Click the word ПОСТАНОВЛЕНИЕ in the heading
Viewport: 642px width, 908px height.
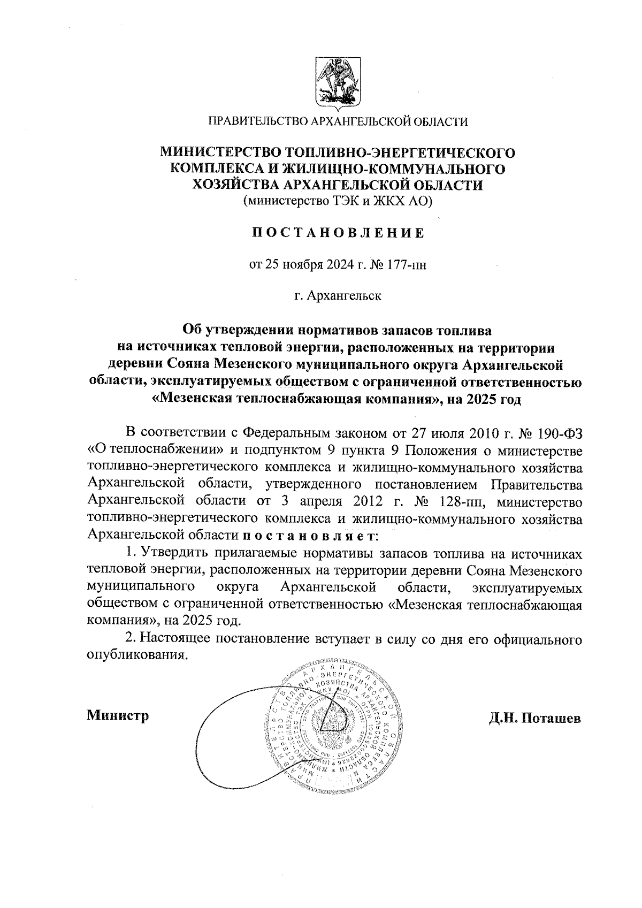point(338,233)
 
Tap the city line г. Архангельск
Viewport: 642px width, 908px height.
point(338,296)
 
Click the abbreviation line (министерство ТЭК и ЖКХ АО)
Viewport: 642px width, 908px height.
point(338,202)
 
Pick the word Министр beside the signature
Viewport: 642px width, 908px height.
point(118,715)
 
